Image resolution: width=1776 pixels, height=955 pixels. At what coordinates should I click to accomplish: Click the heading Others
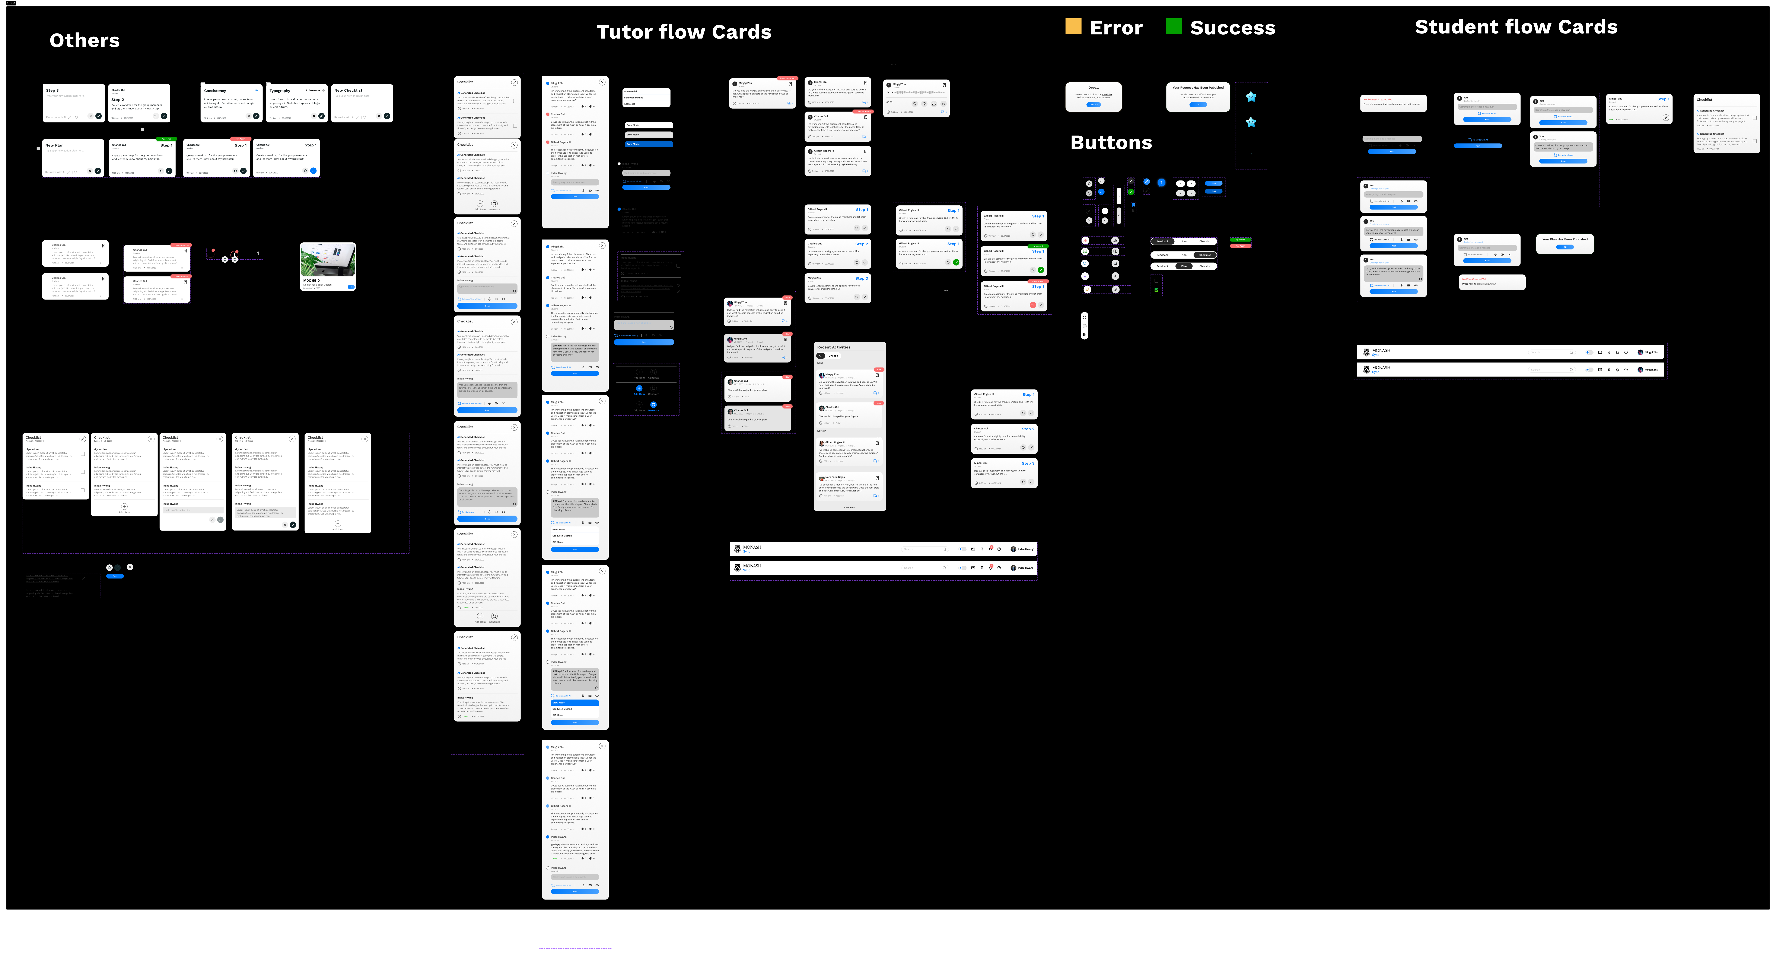[84, 41]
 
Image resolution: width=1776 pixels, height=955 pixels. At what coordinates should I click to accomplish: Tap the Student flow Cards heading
[1515, 27]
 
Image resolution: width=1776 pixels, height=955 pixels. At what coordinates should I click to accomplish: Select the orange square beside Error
[1073, 27]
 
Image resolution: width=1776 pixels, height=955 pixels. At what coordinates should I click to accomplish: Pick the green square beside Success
[1173, 27]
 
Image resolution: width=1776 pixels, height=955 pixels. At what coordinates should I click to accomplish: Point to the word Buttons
[1111, 143]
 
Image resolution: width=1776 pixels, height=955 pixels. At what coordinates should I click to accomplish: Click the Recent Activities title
[834, 347]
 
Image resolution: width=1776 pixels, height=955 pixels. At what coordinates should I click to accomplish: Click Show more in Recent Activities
[849, 507]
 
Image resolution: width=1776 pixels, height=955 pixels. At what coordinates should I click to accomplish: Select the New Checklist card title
[348, 90]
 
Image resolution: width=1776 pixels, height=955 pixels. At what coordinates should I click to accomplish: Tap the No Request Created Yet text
[1377, 99]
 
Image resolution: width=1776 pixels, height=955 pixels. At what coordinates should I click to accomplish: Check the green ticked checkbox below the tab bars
[1156, 290]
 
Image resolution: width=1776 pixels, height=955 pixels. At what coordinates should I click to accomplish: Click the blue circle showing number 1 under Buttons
[1161, 183]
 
